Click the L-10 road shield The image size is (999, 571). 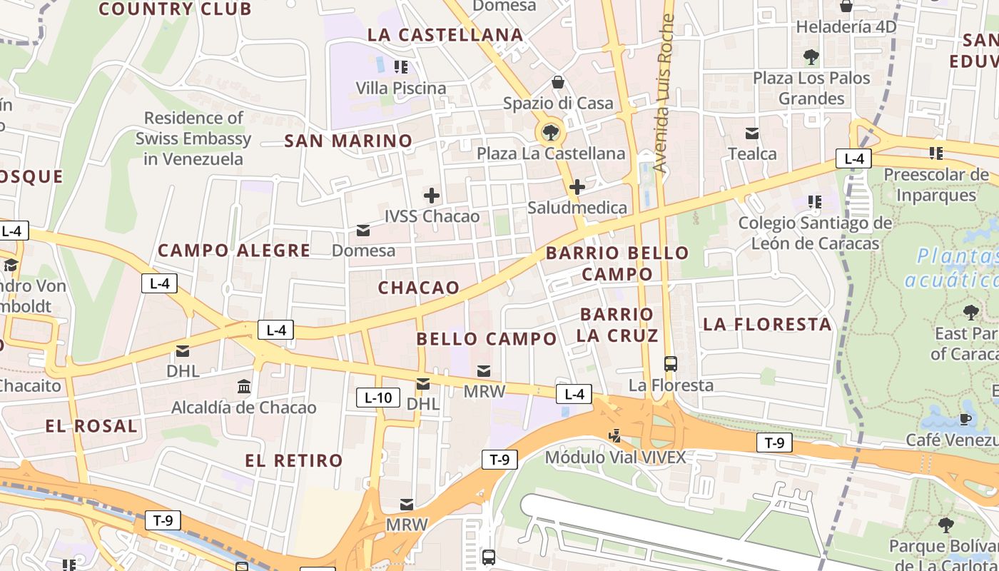pos(377,398)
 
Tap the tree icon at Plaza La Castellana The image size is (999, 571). pos(550,131)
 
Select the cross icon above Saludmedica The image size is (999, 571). pos(577,187)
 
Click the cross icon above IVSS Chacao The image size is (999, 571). pos(432,195)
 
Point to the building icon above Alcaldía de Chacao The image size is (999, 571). pos(244,386)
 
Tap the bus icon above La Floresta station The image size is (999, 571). pos(671,363)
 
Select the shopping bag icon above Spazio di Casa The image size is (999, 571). pos(558,82)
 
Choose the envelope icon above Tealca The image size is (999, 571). pos(752,133)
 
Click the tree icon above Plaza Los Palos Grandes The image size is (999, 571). pos(811,56)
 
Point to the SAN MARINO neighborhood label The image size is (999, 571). pos(348,141)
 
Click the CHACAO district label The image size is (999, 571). pos(419,287)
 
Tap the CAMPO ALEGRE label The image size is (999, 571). pos(234,251)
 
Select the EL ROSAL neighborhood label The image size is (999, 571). pos(91,426)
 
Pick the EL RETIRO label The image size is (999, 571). pos(294,460)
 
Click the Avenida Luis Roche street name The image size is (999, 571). pos(664,93)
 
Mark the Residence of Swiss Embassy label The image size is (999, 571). pos(193,138)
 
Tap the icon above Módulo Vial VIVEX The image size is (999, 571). pos(614,435)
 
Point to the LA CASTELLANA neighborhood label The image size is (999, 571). pos(445,34)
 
